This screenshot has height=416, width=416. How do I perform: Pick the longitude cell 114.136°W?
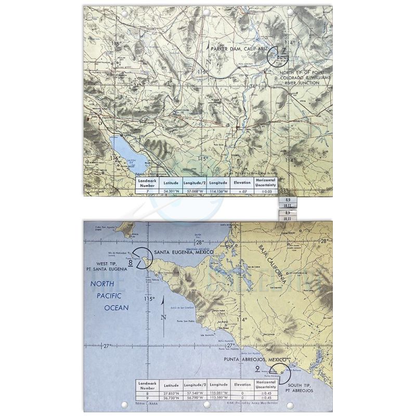coord(219,191)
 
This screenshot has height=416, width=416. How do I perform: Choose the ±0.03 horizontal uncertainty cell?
coord(265,191)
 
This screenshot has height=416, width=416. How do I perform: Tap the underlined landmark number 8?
coord(130,264)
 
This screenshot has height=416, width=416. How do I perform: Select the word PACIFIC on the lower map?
coord(112,296)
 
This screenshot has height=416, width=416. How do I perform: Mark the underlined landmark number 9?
coord(258,369)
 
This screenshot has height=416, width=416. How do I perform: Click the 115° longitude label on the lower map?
coord(150,299)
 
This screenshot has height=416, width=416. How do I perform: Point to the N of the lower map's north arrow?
coord(163,318)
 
